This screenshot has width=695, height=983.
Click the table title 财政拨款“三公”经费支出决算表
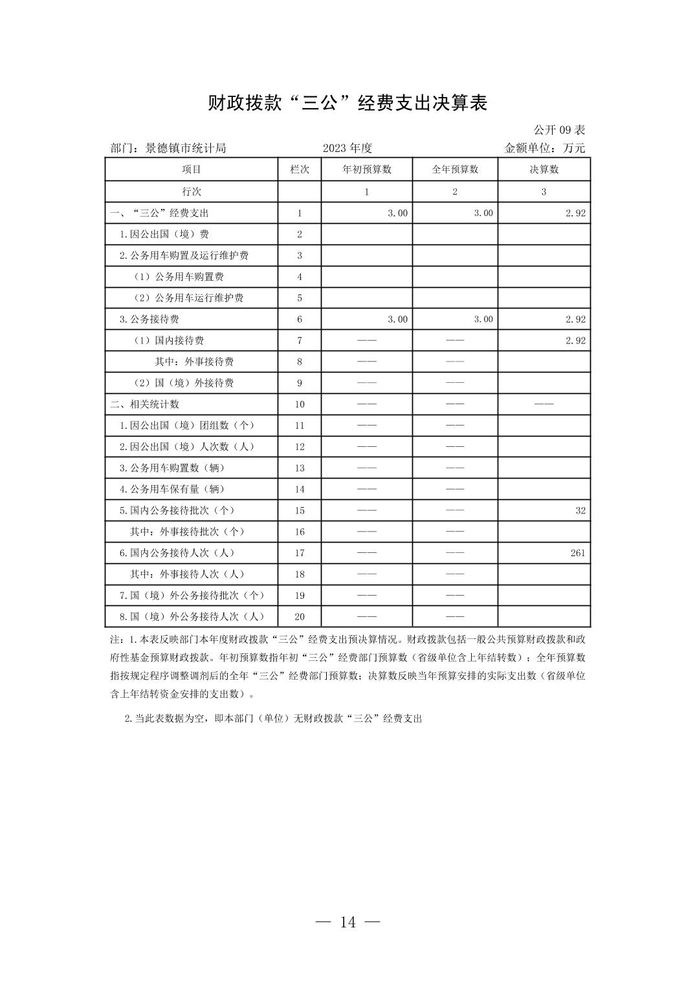tap(347, 103)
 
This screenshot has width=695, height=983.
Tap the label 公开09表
tap(559, 130)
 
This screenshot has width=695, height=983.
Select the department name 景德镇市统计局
tap(186, 148)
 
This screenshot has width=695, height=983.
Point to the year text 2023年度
tap(347, 148)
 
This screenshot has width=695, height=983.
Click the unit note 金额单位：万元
tap(544, 148)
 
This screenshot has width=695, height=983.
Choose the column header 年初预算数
tap(366, 169)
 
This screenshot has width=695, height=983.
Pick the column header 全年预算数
tap(455, 169)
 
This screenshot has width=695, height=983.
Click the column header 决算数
tap(544, 169)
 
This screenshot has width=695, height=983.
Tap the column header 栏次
tap(300, 169)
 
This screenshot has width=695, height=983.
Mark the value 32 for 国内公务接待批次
tap(580, 510)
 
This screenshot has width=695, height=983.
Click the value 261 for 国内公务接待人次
tap(578, 553)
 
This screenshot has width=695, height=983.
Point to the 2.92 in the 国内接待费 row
tap(575, 340)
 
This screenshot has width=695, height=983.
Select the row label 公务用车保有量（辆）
tap(172, 489)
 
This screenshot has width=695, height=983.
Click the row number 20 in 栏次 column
tap(300, 617)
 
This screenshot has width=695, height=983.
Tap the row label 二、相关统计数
tap(145, 404)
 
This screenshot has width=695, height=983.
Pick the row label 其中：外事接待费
tap(194, 362)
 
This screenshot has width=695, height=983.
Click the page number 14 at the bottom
tap(347, 922)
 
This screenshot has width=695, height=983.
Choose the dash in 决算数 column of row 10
tap(544, 404)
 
